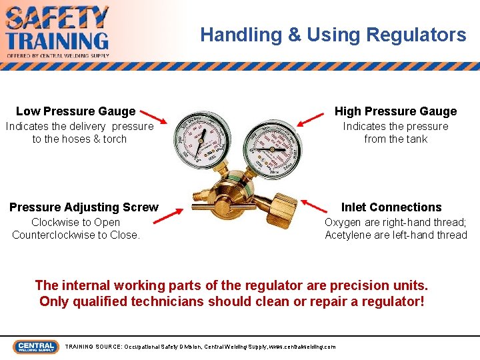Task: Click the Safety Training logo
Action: point(57,31)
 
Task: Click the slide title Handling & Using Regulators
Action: point(333,35)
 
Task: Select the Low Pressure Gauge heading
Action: point(75,111)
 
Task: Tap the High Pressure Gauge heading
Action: point(395,111)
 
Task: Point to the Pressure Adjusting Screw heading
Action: point(84,207)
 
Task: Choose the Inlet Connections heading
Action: point(391,207)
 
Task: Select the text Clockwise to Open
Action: point(76,222)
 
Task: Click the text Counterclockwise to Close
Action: point(76,235)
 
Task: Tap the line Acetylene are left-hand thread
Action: point(396,235)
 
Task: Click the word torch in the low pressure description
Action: point(115,139)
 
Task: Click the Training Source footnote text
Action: point(200,347)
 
